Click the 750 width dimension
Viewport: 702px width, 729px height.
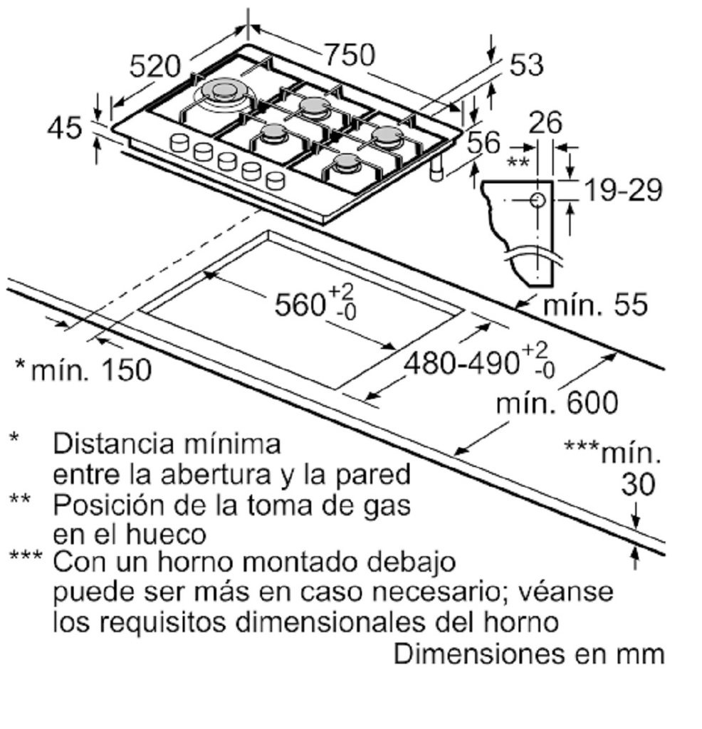click(350, 54)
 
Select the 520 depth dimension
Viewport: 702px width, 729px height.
click(154, 65)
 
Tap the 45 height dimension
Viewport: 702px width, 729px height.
click(65, 127)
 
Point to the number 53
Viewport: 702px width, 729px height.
click(527, 64)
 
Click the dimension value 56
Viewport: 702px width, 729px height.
click(483, 142)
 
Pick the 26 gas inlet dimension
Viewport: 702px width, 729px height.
click(546, 122)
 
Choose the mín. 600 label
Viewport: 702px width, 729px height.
click(557, 403)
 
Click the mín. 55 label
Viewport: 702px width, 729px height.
click(595, 305)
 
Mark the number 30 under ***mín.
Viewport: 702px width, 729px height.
click(638, 484)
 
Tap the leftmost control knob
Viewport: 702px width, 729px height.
click(179, 142)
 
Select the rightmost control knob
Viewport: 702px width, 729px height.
click(276, 180)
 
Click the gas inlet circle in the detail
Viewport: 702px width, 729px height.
click(538, 200)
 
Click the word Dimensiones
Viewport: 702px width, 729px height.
click(479, 654)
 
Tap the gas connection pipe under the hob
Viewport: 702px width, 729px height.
click(436, 168)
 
